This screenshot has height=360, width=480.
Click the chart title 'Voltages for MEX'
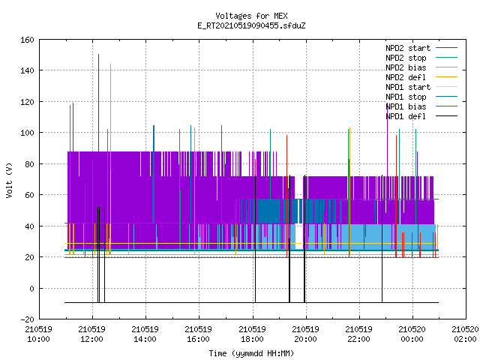coord(251,16)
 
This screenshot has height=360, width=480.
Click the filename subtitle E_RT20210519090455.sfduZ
coord(251,25)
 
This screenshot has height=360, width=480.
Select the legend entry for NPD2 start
coord(421,48)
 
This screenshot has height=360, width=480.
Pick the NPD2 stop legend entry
coord(421,58)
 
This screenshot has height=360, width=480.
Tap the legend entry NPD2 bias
coord(421,67)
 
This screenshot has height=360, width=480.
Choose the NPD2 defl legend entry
coord(421,77)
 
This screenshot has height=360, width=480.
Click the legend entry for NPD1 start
coord(421,87)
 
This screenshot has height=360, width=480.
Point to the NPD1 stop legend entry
coord(421,97)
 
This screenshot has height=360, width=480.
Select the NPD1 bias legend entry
coord(421,106)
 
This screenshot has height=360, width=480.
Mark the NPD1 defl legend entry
coord(421,117)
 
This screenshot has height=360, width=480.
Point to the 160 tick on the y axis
coord(27,40)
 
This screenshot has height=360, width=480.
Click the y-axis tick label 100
coord(27,133)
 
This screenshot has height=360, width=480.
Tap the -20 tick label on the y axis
coord(27,319)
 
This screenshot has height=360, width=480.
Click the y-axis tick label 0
coord(31,288)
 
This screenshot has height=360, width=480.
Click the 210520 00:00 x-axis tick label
coord(412,334)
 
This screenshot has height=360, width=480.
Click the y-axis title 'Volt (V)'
coord(9,180)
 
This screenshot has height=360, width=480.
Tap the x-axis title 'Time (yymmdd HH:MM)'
coord(251,353)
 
